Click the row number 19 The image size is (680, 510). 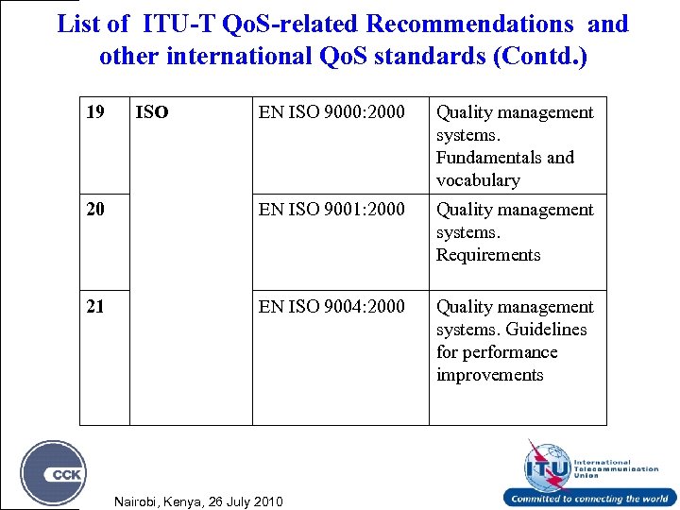pos(95,112)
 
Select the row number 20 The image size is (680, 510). pos(95,210)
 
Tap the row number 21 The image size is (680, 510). pos(95,307)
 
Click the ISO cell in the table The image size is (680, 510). pos(152,112)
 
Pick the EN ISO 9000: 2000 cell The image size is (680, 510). pos(331,112)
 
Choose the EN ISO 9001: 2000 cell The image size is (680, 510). pos(331,210)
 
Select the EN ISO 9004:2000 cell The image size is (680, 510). pos(331,307)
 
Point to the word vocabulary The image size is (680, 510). pos(478,180)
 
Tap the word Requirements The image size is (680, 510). pos(488,255)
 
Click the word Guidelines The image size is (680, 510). pos(545,330)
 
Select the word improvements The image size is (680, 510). pos(489,375)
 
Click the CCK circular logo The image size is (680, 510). pos(54,472)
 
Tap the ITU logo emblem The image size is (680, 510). pos(547,464)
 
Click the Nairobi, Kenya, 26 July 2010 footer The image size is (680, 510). pos(197,500)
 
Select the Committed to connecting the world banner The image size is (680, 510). pos(589,499)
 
